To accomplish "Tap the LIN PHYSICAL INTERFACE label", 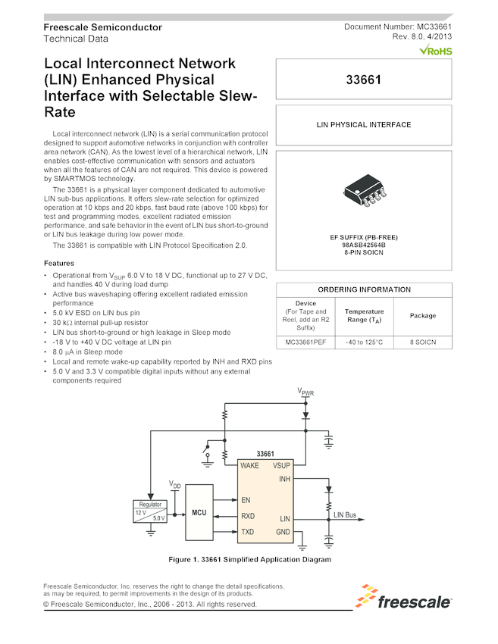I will [x=364, y=125].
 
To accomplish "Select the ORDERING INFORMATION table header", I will [x=364, y=289].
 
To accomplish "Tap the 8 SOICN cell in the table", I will [x=422, y=342].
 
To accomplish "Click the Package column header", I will [x=422, y=315].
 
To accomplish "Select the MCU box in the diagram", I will [x=199, y=513].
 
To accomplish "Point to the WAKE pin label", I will [x=249, y=466].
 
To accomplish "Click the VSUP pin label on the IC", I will [x=281, y=466].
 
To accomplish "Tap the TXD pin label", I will [x=247, y=532].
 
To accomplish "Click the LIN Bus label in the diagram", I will [x=344, y=515].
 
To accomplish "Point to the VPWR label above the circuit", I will [x=305, y=392].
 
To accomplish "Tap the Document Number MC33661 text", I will [x=398, y=27].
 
